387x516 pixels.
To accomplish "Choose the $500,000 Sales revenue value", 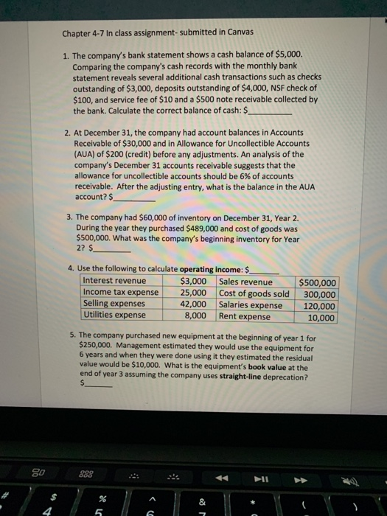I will (x=318, y=282).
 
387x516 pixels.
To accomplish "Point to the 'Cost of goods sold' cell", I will (x=254, y=293).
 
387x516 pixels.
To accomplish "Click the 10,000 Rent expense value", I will (x=322, y=318).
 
